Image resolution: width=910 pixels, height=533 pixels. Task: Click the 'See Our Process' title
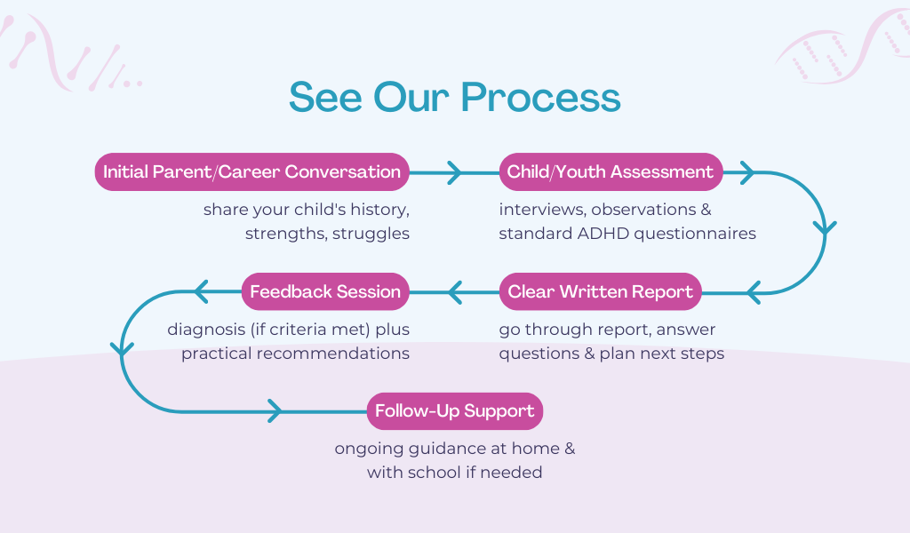[454, 97]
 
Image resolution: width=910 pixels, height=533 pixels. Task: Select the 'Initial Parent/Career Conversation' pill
[251, 171]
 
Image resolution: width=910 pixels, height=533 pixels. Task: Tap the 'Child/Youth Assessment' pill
[610, 171]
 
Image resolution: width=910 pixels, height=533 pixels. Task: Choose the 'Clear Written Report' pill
[601, 291]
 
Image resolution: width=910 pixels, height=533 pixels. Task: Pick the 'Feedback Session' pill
[325, 291]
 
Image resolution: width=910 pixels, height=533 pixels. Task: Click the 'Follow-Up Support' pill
[454, 411]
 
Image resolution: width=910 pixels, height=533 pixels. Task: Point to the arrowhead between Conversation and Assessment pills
[454, 171]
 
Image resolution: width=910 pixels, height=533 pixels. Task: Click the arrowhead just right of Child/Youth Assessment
[746, 171]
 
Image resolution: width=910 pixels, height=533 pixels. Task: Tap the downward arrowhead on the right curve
[826, 228]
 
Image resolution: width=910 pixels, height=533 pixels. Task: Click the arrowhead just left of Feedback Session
[200, 291]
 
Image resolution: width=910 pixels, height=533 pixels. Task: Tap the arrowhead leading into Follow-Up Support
[275, 411]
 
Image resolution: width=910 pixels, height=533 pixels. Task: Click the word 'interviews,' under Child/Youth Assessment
[541, 211]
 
